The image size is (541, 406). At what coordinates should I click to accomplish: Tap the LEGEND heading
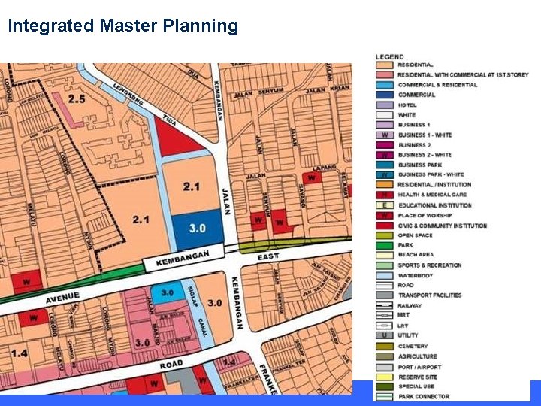389,57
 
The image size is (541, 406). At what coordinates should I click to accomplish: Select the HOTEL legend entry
407,105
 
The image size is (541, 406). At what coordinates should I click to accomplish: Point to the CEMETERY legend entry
413,346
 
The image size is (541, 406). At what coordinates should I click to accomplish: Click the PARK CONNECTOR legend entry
424,396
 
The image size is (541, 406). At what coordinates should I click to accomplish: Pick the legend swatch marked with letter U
385,336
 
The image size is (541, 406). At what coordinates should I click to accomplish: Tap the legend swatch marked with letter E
385,205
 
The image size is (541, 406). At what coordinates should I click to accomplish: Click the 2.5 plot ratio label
77,98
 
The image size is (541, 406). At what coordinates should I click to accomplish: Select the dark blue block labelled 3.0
197,228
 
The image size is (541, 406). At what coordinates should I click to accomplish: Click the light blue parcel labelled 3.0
167,293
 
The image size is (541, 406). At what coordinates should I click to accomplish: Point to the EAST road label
268,257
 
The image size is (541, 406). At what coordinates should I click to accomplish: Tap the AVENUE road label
62,298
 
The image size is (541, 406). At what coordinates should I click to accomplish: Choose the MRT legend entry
403,316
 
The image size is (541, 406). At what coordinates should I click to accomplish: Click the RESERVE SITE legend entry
417,377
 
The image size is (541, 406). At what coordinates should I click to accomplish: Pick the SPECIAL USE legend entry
416,386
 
